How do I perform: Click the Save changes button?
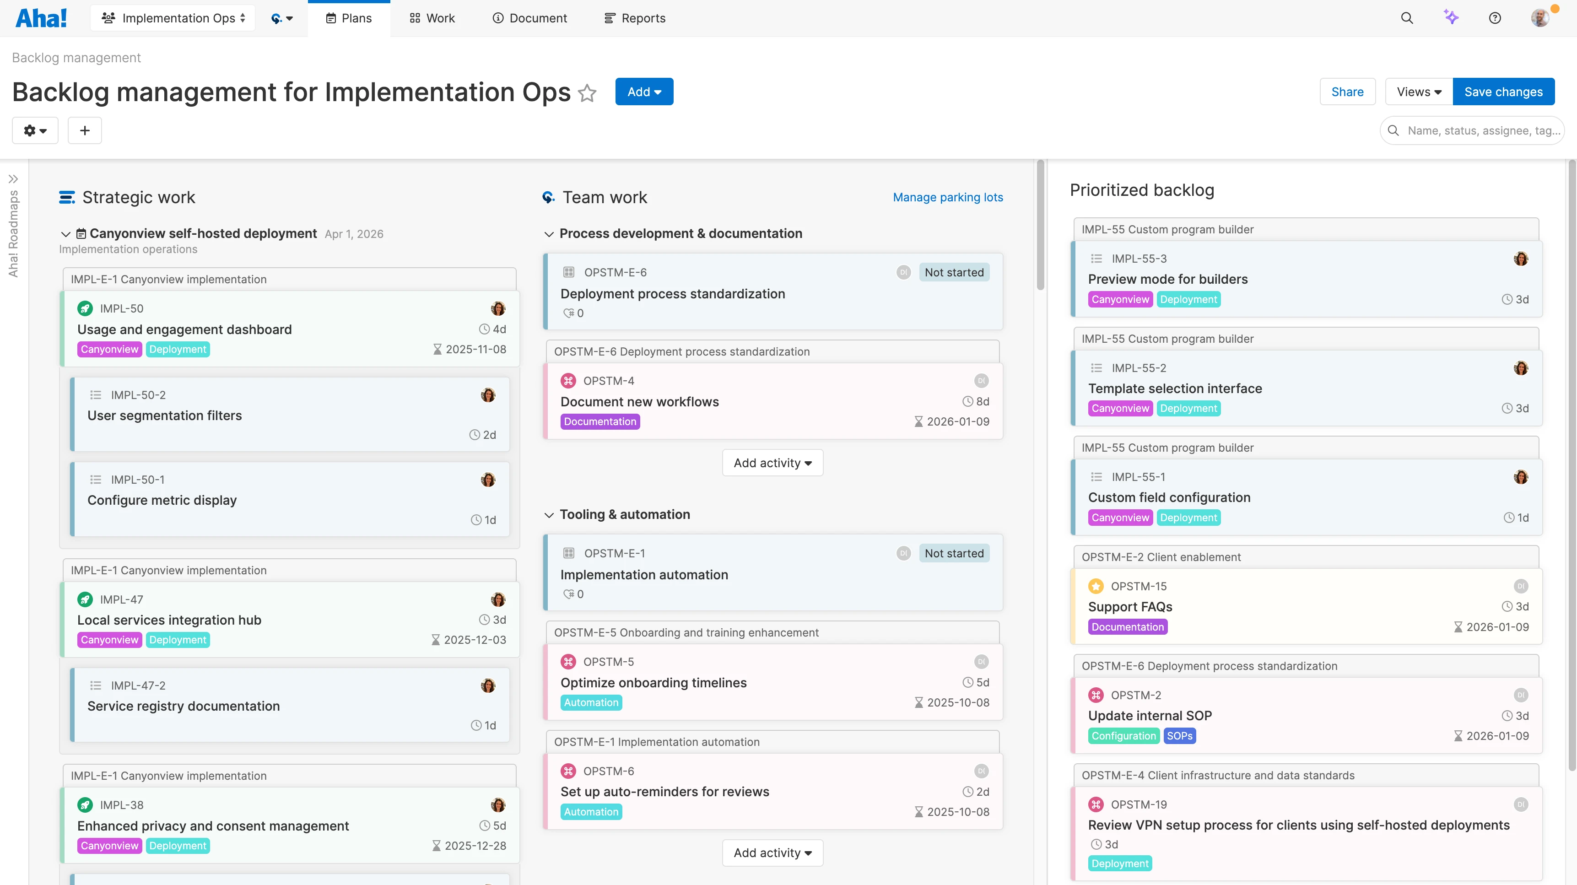click(1503, 92)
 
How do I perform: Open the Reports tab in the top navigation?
click(634, 18)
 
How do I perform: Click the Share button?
click(1347, 92)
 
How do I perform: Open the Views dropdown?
click(1419, 92)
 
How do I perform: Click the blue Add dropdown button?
click(643, 92)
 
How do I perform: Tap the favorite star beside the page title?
click(587, 93)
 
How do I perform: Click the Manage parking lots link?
click(947, 197)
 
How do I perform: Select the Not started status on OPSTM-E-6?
click(954, 272)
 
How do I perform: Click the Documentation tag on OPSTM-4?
click(599, 422)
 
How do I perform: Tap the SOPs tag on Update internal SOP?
click(1179, 736)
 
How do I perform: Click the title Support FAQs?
click(1130, 606)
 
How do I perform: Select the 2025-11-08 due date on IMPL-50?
click(475, 350)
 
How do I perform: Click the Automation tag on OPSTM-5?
click(591, 702)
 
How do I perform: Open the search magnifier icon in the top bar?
click(1407, 18)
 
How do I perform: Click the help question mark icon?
click(1494, 18)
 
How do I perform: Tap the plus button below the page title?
click(85, 130)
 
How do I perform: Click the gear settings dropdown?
click(35, 130)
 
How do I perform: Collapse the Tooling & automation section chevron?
click(549, 515)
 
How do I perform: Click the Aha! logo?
click(41, 18)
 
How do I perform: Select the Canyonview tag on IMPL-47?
click(109, 640)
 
